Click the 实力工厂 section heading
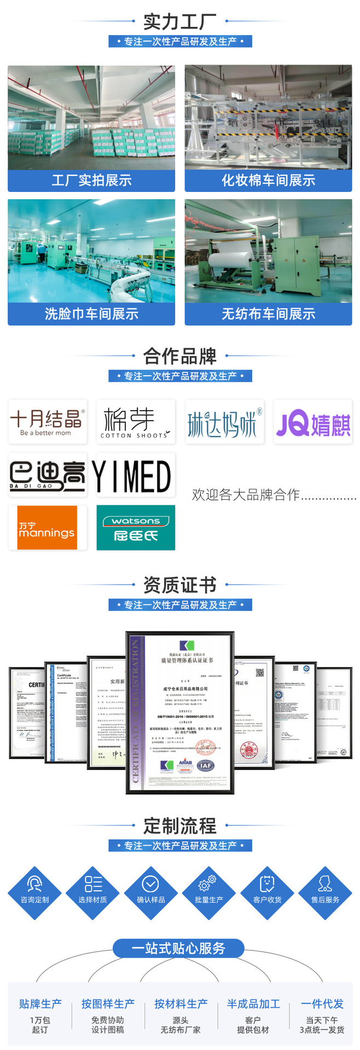179,22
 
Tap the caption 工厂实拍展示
91,180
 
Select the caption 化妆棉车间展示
268,180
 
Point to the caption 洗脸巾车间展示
91,314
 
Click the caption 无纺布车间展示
268,314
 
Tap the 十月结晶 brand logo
48,422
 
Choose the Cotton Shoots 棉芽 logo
136,422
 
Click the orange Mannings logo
48,528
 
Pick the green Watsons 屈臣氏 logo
136,528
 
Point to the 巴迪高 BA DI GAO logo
48,475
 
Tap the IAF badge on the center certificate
206,766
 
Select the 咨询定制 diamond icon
34,893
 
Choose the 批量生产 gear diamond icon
209,893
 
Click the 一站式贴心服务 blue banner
178,948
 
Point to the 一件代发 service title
322,1004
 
